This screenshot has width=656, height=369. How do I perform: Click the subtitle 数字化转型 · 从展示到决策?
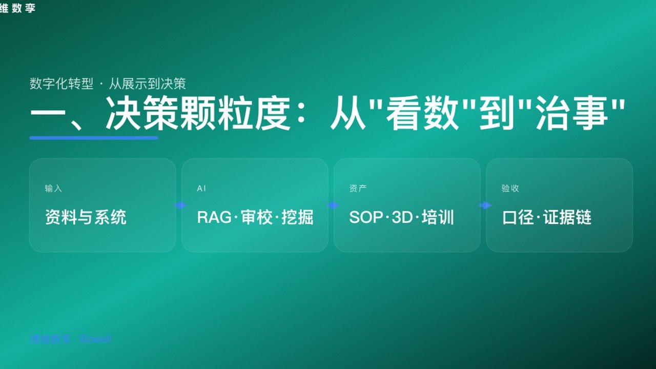click(x=108, y=84)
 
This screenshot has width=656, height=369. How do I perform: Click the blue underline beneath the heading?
click(x=94, y=138)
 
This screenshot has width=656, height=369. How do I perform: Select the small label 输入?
click(x=53, y=189)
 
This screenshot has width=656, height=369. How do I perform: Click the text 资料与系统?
click(x=86, y=217)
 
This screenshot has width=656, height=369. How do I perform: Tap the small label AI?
click(x=201, y=189)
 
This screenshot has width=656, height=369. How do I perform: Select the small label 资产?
click(x=358, y=189)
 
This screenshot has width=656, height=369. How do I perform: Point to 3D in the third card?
click(x=402, y=217)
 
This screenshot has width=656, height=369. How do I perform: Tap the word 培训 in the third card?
click(x=438, y=217)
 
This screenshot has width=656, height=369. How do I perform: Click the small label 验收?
click(x=510, y=189)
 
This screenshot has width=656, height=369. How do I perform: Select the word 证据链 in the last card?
click(x=567, y=217)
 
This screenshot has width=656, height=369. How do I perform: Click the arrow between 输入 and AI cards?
click(x=180, y=206)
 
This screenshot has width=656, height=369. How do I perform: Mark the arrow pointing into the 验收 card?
click(x=484, y=206)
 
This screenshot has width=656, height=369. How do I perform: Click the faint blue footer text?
click(x=71, y=339)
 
